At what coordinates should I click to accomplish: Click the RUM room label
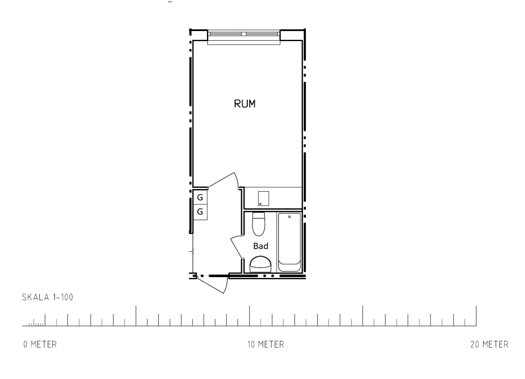coord(245,104)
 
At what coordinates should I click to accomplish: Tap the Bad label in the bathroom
coord(261,246)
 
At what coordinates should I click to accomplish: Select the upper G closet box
coord(200,197)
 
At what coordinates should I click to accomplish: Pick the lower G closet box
coord(200,212)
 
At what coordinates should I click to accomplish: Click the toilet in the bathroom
coord(259,224)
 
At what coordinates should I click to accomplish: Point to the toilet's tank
coord(259,215)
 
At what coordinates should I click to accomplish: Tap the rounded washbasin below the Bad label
coord(260,264)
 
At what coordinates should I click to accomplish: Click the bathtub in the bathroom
coord(290,242)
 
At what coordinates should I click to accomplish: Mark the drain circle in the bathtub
coord(290,217)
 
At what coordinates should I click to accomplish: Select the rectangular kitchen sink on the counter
coord(263,199)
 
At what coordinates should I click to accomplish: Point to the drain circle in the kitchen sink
coord(260,204)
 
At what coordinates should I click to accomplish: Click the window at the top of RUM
coord(244,35)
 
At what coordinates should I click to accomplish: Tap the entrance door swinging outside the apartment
coord(212,285)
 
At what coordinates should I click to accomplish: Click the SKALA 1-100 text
coord(48,297)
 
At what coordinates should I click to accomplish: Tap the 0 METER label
coord(40,344)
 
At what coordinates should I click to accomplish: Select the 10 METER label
coord(266,344)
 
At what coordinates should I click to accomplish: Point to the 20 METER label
coord(490,344)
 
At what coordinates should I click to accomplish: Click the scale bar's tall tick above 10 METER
coord(249,316)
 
